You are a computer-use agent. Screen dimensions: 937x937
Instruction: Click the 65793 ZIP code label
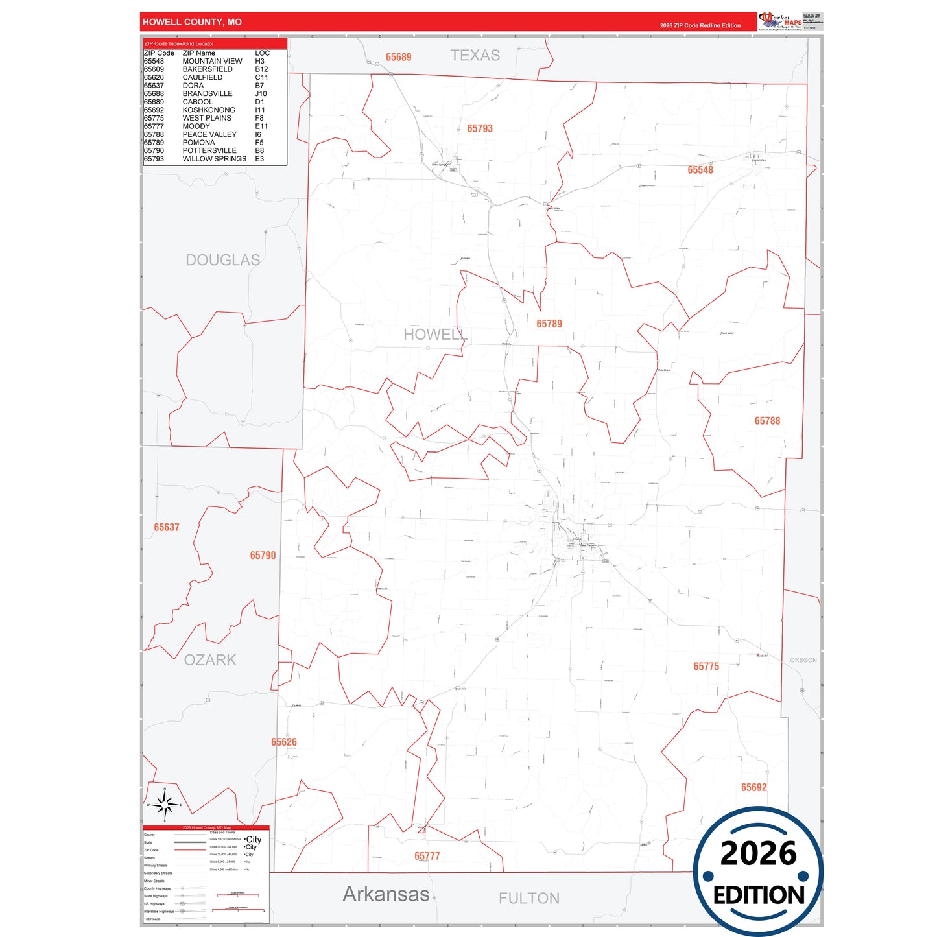(480, 128)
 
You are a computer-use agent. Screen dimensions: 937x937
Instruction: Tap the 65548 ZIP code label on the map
(700, 170)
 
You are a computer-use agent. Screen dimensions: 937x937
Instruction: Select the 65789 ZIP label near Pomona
(549, 324)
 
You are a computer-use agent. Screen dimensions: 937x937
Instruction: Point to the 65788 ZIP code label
(767, 421)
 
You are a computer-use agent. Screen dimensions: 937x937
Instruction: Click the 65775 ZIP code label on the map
(706, 667)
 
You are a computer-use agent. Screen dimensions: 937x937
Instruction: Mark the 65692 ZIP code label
(753, 787)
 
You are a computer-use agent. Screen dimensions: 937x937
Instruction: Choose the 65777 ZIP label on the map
(427, 856)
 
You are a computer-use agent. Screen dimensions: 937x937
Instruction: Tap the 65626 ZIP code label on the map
(284, 742)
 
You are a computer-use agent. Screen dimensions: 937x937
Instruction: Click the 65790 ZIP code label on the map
(263, 556)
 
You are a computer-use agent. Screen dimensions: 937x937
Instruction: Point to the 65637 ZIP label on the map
(167, 527)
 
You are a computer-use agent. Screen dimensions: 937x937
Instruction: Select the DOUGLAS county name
(222, 260)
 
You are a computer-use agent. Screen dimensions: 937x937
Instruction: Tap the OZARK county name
(210, 660)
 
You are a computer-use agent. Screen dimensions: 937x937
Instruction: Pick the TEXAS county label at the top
(475, 56)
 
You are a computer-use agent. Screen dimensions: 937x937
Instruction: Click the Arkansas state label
(386, 894)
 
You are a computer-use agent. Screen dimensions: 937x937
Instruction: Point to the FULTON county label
(529, 898)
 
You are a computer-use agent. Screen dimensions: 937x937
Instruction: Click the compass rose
(165, 805)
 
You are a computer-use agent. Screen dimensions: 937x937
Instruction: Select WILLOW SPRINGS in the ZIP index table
(214, 159)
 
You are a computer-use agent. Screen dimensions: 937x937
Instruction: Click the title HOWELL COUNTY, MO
(192, 22)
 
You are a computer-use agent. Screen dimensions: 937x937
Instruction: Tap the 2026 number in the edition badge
(758, 853)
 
